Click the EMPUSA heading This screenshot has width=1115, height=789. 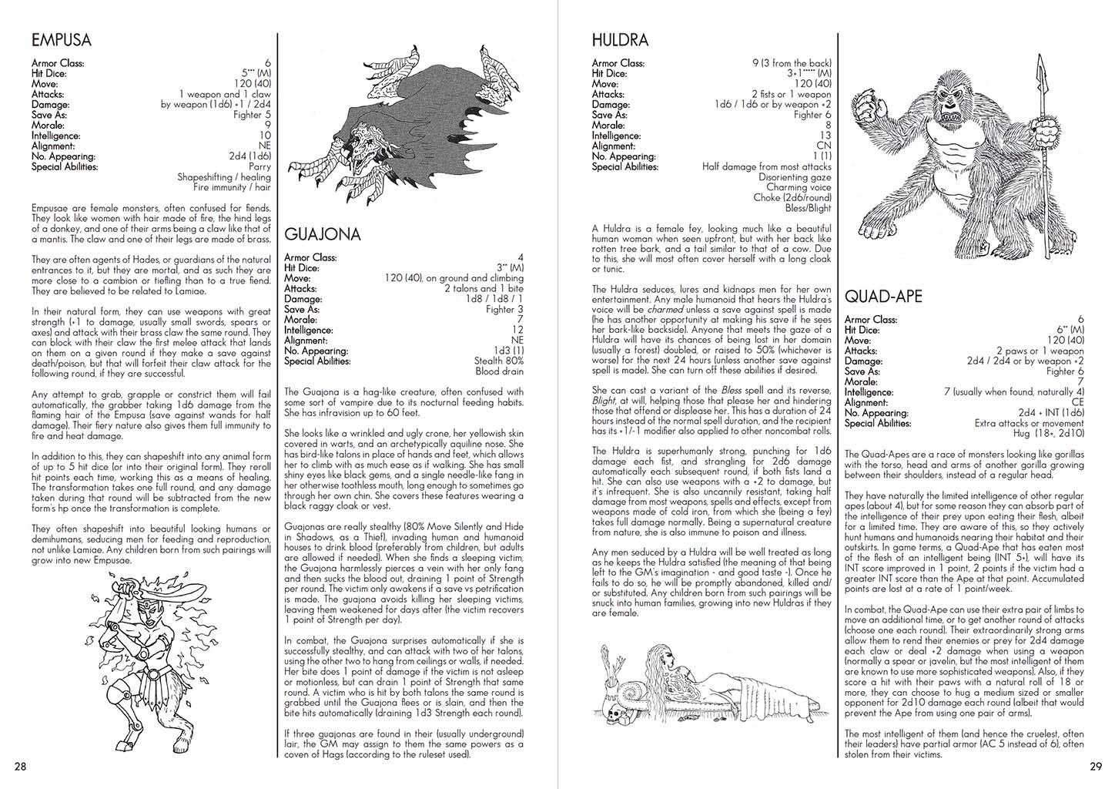pyautogui.click(x=61, y=40)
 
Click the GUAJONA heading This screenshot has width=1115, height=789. pyautogui.click(x=322, y=234)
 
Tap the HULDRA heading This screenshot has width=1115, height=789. pyautogui.click(x=620, y=40)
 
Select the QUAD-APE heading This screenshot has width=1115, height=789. pyautogui.click(x=883, y=297)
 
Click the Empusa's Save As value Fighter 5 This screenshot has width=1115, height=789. pyautogui.click(x=252, y=115)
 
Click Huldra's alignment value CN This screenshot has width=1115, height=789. pyautogui.click(x=824, y=146)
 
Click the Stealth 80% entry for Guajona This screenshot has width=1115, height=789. pyautogui.click(x=500, y=361)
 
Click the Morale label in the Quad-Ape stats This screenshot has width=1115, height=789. pyautogui.click(x=861, y=381)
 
